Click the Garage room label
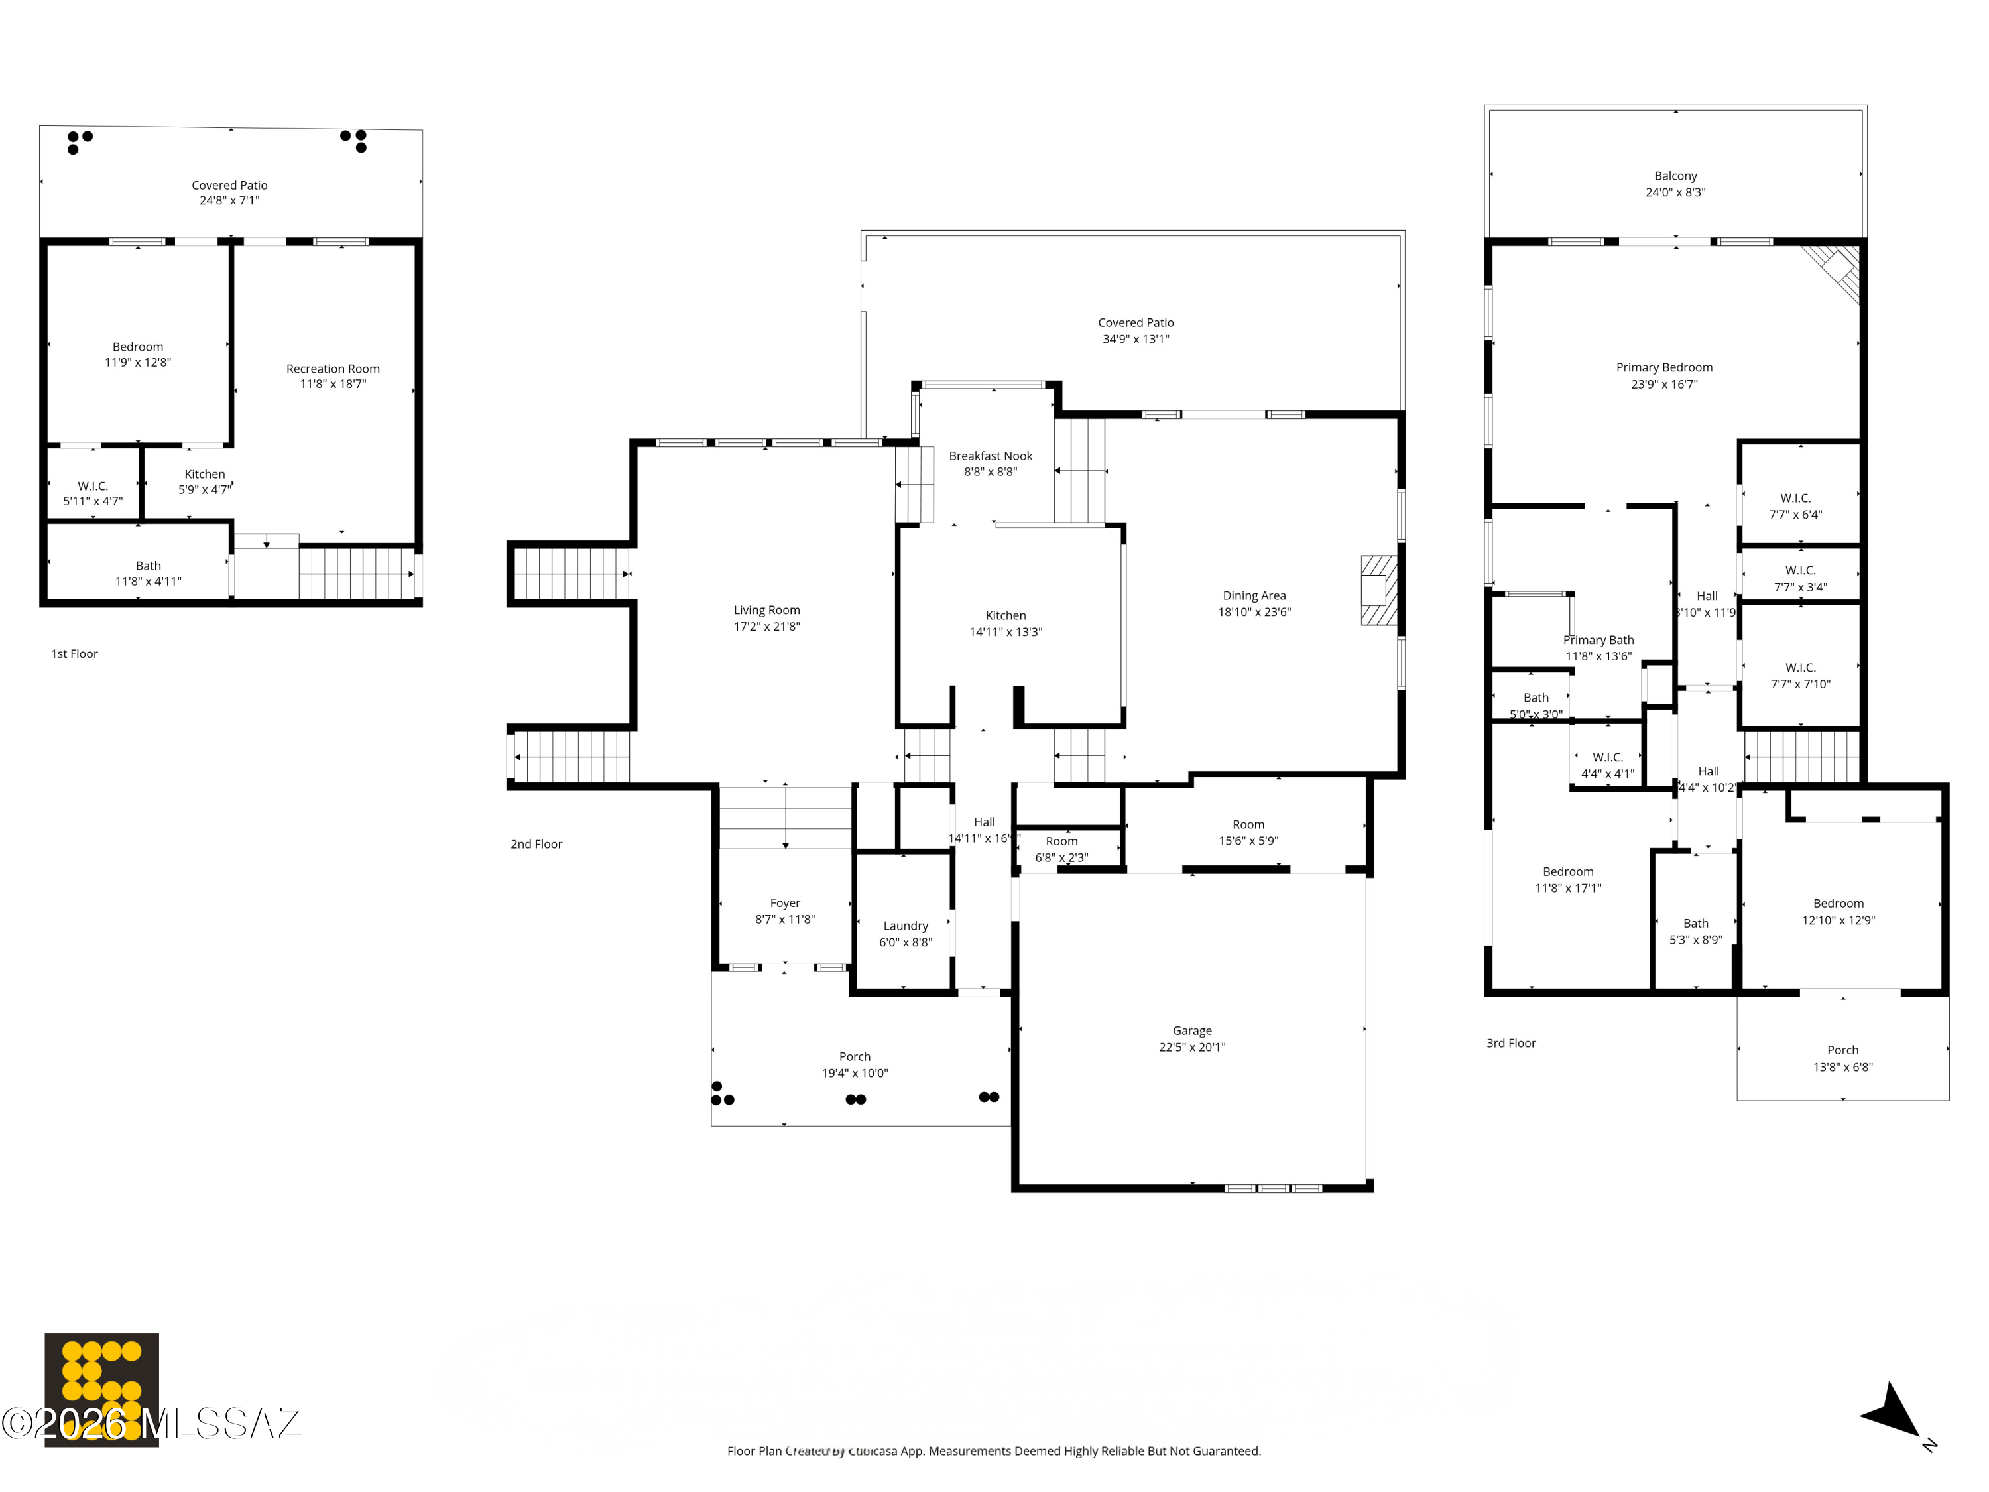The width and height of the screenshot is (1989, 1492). pos(1191,1030)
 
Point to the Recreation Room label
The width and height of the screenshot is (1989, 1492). pos(333,369)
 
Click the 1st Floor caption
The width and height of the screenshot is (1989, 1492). pos(74,654)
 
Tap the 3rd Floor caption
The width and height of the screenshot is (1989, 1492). pos(1510,1043)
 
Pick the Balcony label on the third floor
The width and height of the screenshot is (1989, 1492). pos(1675,176)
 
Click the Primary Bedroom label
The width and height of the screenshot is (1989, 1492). pos(1663,368)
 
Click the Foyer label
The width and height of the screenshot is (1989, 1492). pos(784,903)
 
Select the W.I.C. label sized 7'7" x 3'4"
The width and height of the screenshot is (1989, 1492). pos(1799,579)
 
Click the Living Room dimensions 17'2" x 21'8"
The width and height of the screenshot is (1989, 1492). pos(766,627)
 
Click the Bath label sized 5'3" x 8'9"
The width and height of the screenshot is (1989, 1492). pos(1695,932)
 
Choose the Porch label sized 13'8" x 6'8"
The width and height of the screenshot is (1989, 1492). pos(1842,1058)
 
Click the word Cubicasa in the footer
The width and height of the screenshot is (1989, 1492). pos(873,1451)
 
